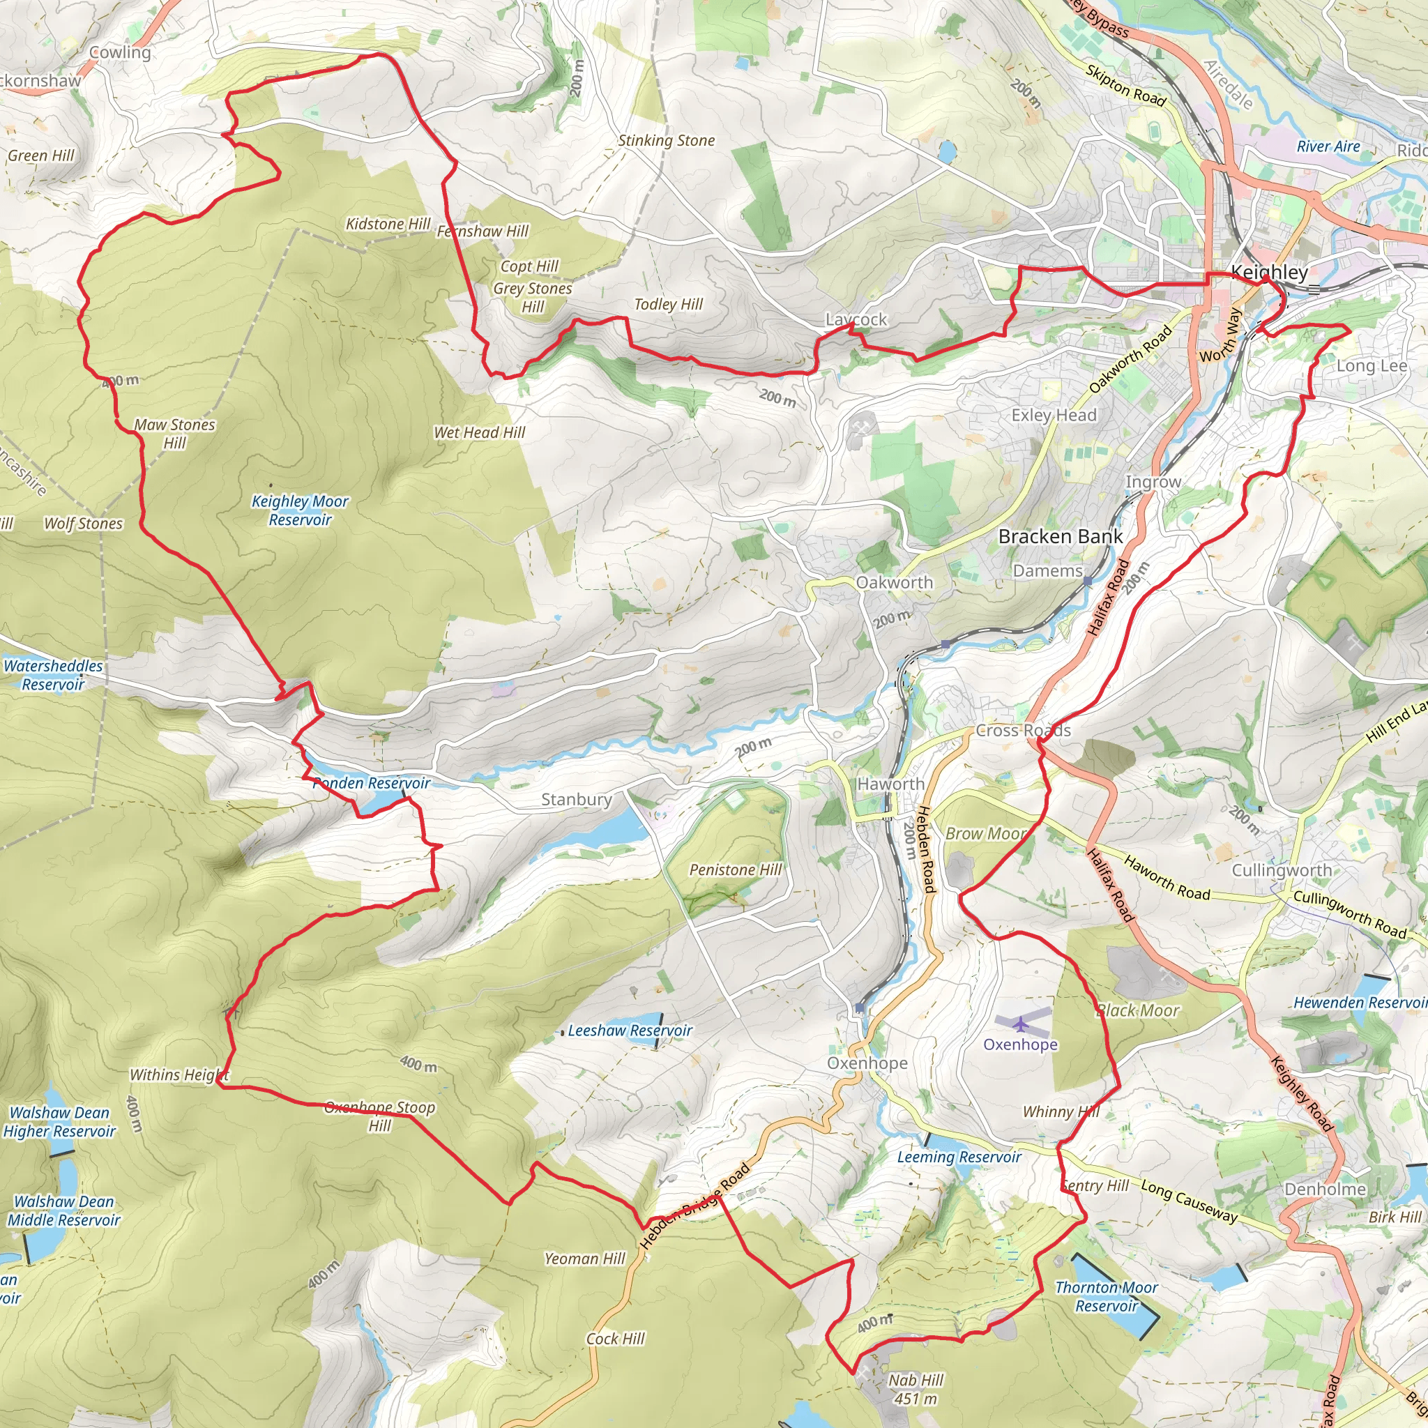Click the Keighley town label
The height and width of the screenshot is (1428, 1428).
coord(1269,273)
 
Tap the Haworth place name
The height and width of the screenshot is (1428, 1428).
coord(890,784)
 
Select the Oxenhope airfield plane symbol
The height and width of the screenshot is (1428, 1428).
coord(1020,1024)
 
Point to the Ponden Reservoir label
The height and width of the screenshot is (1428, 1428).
coord(371,783)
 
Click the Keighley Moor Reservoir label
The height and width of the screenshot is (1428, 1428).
coord(300,510)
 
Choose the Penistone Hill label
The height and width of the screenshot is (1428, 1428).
coord(735,870)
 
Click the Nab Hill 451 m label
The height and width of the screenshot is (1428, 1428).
coord(916,1389)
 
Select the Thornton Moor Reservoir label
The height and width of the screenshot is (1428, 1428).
coord(1106,1296)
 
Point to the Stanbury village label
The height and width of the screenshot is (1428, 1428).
coord(577,799)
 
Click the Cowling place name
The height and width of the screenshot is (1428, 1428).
coord(120,52)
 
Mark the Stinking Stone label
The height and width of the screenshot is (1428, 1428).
coord(666,140)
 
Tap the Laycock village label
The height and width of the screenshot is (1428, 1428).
coord(856,319)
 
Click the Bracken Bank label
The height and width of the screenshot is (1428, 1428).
coord(1060,537)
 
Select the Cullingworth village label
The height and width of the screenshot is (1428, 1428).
coord(1282,870)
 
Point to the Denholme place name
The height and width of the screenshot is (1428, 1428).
coord(1325,1189)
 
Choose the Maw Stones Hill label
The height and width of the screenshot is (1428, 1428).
coord(174,434)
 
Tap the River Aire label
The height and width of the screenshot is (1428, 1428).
coord(1328,146)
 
